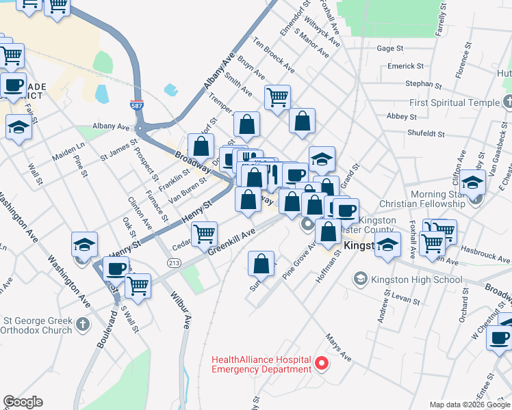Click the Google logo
coord(23,402)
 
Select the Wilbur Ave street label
coord(185,312)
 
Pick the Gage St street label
coord(390,49)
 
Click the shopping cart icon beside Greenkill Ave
coord(205,234)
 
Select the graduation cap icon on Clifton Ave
coord(472,182)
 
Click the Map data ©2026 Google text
coord(468,404)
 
